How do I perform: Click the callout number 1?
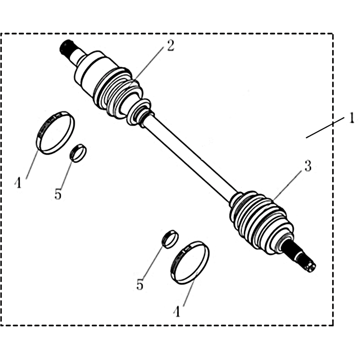point(351,119)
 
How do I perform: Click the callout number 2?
point(171,46)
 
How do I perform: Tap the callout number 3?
point(308,166)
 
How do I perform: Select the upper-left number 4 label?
point(18,183)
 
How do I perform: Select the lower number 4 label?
point(177,311)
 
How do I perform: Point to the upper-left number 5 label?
point(58,194)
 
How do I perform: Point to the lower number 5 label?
point(139,285)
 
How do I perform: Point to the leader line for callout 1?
point(325,128)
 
